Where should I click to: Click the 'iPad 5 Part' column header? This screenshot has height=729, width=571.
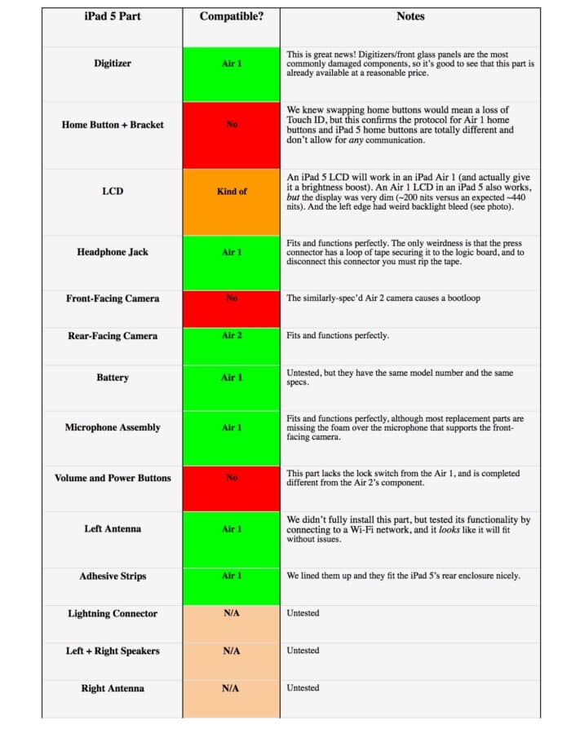113,16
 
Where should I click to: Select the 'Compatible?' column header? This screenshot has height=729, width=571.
232,16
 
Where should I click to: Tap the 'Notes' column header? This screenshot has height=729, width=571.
410,16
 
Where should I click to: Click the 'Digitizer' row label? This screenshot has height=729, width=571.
113,64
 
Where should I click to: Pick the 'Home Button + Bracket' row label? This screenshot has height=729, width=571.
113,125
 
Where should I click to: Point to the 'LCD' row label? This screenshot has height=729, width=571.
113,192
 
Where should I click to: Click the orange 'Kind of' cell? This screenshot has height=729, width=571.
232,192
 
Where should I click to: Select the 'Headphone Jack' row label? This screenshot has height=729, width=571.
113,253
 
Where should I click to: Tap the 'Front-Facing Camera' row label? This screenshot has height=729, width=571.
113,298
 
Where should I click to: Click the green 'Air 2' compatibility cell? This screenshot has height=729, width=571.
232,336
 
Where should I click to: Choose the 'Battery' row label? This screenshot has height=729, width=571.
113,378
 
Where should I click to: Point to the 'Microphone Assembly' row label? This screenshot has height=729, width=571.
113,427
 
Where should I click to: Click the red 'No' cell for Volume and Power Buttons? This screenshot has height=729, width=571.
232,478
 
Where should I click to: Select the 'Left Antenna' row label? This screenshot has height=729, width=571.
113,529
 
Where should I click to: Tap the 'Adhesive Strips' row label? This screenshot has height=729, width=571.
113,577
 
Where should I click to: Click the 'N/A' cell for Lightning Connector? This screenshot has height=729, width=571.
232,614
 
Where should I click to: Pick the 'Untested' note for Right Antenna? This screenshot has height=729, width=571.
303,688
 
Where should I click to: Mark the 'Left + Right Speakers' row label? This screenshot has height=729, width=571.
113,652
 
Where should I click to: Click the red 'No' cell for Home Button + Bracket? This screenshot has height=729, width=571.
232,125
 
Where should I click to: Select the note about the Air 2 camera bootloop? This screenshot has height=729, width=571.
383,298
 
